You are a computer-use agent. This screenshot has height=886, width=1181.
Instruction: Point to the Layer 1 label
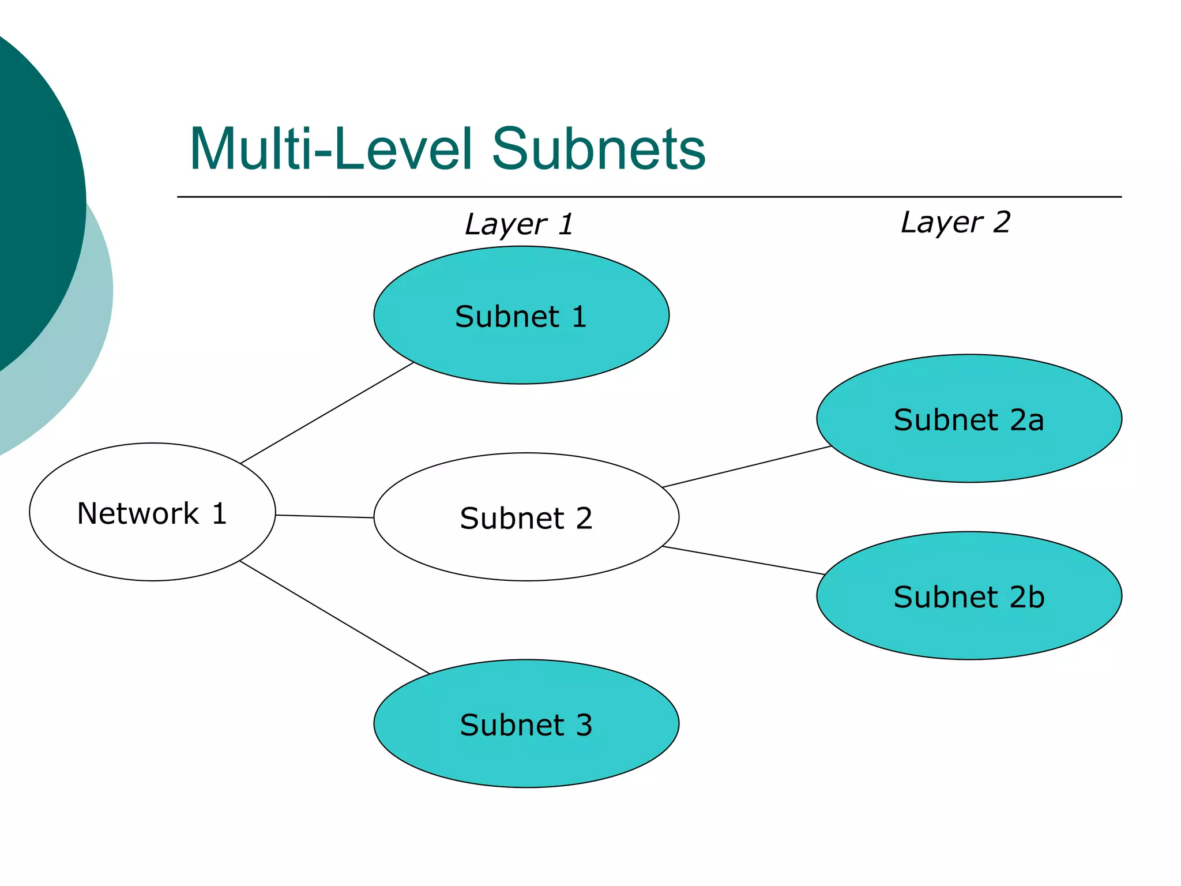[519, 224]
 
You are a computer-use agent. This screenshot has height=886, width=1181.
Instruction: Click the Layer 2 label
[956, 222]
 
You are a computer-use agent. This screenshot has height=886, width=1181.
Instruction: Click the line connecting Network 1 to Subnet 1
[327, 413]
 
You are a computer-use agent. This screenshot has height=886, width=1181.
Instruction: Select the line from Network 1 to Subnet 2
[325, 516]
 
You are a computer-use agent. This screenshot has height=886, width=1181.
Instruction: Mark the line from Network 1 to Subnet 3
[334, 617]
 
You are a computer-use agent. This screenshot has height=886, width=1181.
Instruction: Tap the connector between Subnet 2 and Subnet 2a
[747, 467]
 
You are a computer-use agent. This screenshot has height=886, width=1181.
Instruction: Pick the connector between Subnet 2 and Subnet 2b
[744, 560]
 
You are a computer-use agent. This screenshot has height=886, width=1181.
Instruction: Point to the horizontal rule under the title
[649, 197]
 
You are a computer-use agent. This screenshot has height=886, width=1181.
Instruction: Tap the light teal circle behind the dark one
[86, 346]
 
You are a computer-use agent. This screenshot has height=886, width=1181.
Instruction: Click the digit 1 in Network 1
[219, 513]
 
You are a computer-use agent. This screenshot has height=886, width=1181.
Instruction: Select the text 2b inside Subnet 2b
[1027, 596]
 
